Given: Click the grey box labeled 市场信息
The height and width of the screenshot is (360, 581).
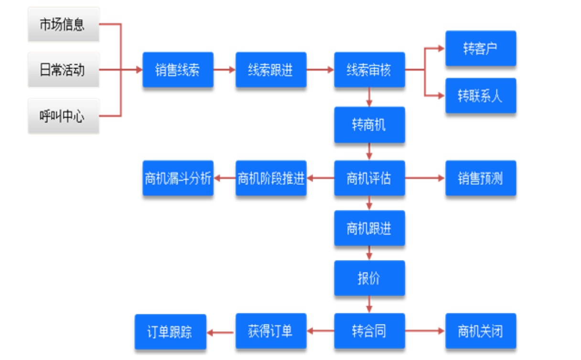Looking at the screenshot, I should coord(63,24).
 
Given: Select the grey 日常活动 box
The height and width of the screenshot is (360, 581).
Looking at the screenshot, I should coord(63,70).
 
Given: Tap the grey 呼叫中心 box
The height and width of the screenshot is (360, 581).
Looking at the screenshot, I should coord(63,116).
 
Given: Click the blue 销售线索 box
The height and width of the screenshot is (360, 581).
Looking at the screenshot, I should coord(178,70).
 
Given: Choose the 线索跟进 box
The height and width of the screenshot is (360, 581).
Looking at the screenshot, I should coord(271,70).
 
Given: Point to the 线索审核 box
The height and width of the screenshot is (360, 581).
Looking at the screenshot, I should coord(369,70).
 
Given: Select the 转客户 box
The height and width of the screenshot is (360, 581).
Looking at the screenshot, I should coord(481,48).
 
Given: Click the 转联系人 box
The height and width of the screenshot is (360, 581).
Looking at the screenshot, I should coord(481,95).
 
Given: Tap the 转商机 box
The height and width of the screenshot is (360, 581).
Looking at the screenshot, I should coord(369,125).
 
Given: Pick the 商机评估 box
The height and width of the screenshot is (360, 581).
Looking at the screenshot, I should coord(369,178).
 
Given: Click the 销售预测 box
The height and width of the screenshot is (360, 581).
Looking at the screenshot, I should coord(481,178).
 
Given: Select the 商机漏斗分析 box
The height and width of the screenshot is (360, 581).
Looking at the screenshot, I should coord(178,178).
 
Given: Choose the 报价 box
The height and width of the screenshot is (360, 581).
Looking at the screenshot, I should coord(369,278).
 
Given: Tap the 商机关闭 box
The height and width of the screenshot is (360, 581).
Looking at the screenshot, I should coord(481,331).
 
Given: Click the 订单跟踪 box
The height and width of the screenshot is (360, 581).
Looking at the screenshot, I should coord(170,332).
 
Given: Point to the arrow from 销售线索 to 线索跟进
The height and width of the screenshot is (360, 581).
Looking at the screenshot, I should coord(225,70).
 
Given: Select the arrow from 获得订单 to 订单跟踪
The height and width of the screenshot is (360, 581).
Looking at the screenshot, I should coord(221,332).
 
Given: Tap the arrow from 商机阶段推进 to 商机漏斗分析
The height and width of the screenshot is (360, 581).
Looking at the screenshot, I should coord(225,178).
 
